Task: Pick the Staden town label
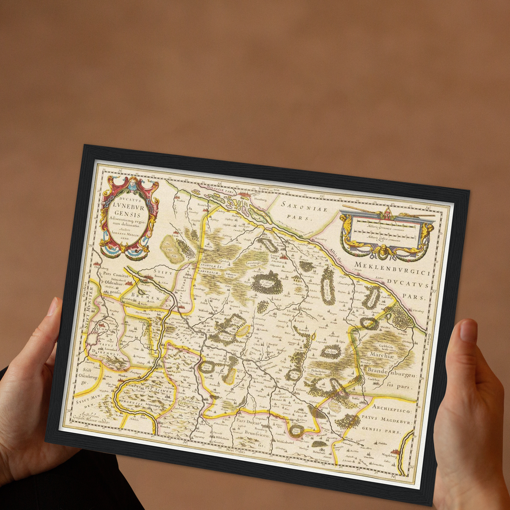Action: (180, 201)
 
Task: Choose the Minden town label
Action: (123, 376)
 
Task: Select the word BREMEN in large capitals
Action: (144, 295)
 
